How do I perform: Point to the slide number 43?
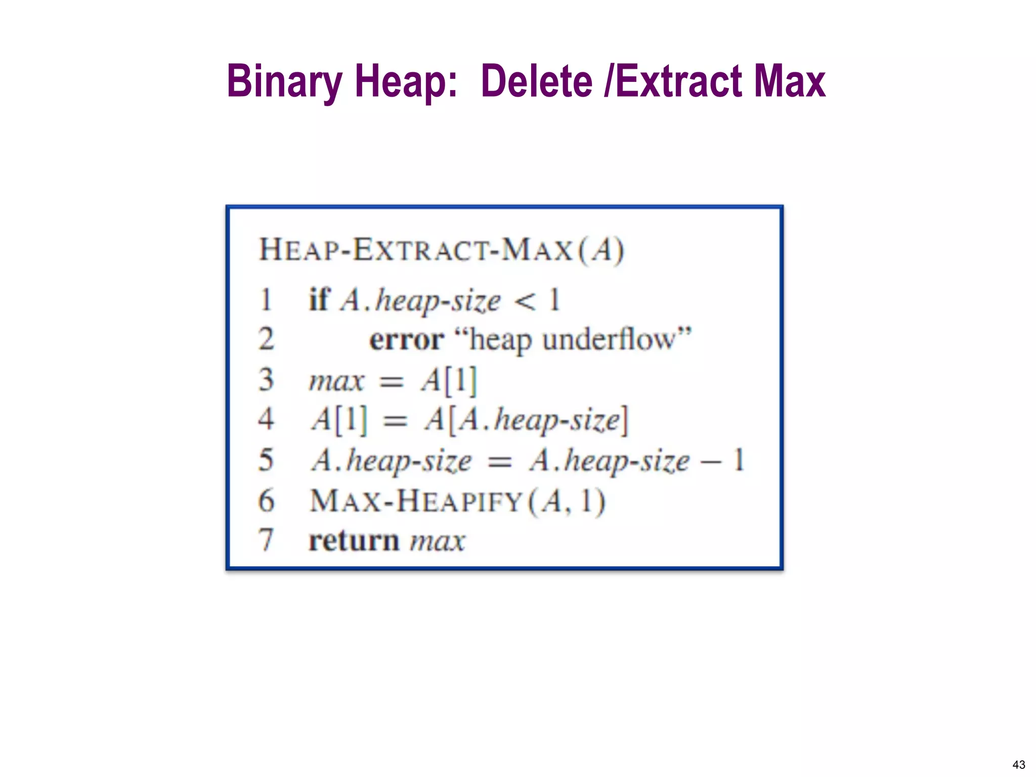coord(1019,764)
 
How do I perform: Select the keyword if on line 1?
coord(320,299)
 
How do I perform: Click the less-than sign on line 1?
coord(525,301)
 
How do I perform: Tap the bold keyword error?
coord(407,339)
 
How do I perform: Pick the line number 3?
coord(266,380)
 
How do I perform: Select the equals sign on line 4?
coord(395,421)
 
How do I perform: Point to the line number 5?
coord(266,460)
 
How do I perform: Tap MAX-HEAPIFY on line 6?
coord(416,501)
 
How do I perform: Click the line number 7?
coord(266,540)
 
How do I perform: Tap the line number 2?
coord(266,339)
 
